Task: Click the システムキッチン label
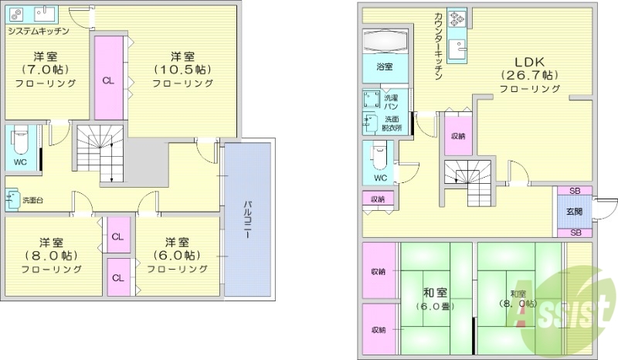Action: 39,31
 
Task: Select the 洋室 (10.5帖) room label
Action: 182,70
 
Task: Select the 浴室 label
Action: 384,67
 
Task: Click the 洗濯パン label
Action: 392,100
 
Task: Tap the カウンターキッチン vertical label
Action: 438,46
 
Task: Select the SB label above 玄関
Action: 575,191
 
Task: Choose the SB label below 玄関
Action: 575,233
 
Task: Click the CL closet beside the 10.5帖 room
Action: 108,80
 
